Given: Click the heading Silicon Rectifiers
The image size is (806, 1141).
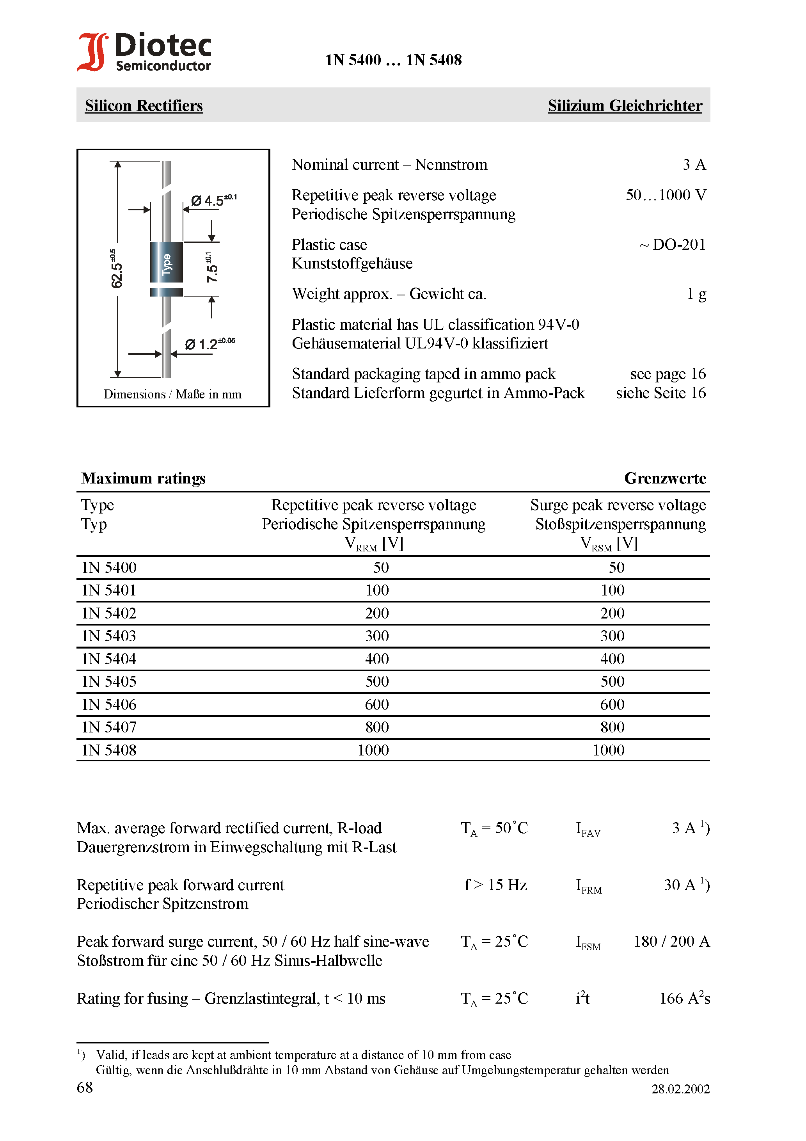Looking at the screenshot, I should (x=144, y=105).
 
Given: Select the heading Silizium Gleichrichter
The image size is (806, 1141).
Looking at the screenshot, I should (x=625, y=105).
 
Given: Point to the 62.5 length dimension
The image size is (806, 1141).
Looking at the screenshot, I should (x=116, y=269).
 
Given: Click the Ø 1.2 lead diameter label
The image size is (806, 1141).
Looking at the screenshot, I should (x=209, y=344).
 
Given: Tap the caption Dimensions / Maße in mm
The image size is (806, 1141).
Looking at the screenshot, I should (x=172, y=395).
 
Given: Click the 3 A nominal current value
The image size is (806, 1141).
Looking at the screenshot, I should (x=694, y=165).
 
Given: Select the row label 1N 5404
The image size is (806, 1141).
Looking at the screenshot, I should (x=109, y=659).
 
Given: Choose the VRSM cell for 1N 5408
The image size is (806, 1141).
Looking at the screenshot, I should (x=608, y=750).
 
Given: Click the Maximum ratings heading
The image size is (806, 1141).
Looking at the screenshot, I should (x=143, y=478).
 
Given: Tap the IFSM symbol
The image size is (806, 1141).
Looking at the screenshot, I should (x=588, y=943).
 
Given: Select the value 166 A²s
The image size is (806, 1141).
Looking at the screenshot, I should (x=684, y=999).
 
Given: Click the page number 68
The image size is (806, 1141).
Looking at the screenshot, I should (x=85, y=1088).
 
